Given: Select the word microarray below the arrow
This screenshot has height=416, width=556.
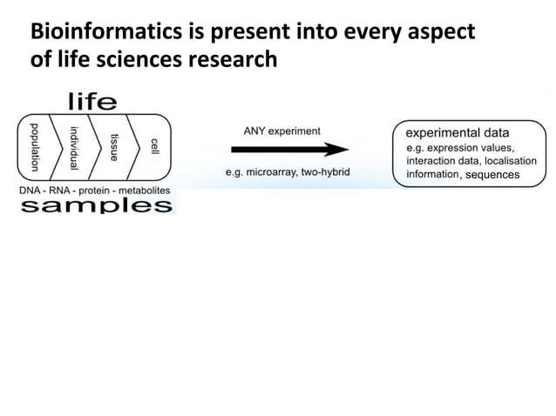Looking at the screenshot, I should coord(272,172).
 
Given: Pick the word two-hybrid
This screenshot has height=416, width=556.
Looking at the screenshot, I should coord(325,172).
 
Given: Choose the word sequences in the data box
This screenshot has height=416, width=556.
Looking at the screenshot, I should coord(492,175).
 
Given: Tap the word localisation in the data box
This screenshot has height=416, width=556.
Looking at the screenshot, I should coord(507,161).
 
